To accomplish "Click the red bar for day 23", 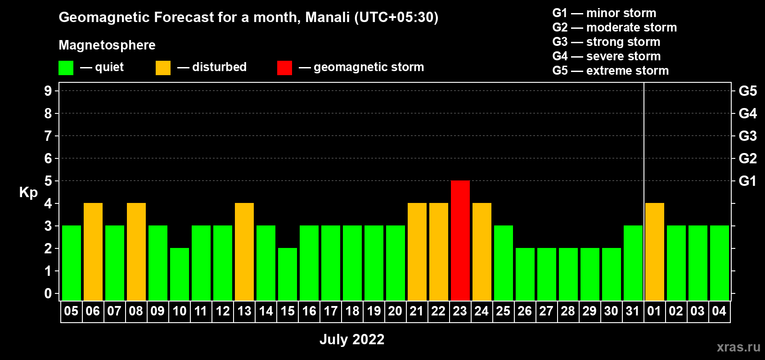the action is [x=460, y=240].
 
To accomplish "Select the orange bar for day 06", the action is [x=93, y=252].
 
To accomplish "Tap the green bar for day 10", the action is [x=179, y=274].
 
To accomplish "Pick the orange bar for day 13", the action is [x=244, y=252].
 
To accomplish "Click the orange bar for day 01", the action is [x=655, y=252].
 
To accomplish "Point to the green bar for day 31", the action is [x=633, y=263].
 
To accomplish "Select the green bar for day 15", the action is [x=288, y=274].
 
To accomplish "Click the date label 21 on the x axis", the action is [x=417, y=311].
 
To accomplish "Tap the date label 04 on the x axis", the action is [x=719, y=311].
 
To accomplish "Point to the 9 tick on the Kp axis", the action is [x=48, y=91].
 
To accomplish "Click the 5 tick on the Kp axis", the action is [x=48, y=181].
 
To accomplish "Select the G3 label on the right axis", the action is [x=748, y=136].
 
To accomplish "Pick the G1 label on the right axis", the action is [x=748, y=181].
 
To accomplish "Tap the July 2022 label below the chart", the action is [x=352, y=339].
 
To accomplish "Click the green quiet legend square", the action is [x=66, y=67].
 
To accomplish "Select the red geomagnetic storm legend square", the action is [x=285, y=67].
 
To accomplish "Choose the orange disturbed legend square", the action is [x=163, y=67].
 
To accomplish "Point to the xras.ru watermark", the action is [x=738, y=347].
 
